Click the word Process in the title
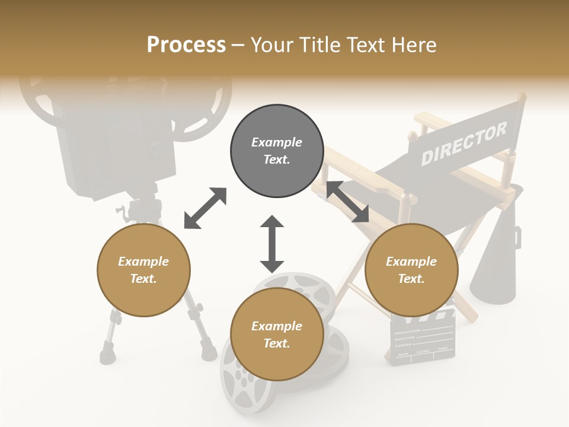tap(186, 44)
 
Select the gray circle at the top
tap(277, 151)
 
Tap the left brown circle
tap(143, 270)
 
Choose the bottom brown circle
tap(277, 334)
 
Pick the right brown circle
tap(411, 270)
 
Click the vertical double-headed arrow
tap(272, 244)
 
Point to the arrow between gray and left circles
tap(205, 208)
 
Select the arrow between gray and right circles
tap(348, 202)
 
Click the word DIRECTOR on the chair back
tap(464, 144)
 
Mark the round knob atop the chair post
tap(521, 96)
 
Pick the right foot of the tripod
tap(209, 353)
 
